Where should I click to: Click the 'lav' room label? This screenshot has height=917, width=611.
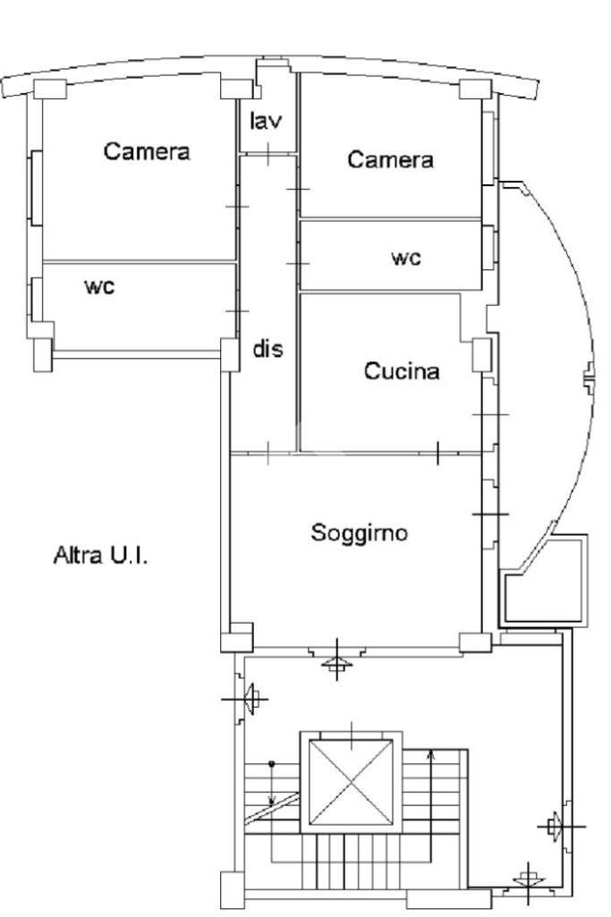266,121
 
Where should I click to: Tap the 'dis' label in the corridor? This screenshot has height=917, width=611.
267,349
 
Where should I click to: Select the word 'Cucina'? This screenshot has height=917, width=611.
402,370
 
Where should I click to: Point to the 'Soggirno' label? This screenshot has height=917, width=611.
359,533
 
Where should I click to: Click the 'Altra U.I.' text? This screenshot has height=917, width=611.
100,555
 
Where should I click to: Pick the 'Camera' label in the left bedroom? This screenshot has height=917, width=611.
147,151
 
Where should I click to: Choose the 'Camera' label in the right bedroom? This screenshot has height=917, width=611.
390,159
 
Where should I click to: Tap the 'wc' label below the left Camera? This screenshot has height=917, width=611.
99,286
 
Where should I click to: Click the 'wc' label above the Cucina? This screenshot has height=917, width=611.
406,258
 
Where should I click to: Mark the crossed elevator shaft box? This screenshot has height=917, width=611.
351,782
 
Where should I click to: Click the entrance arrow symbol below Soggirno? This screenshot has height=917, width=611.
337,663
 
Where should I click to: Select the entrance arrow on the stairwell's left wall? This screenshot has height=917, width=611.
250,699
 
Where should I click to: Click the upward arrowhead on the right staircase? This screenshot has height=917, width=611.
431,755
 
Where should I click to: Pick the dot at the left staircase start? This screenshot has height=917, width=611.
271,764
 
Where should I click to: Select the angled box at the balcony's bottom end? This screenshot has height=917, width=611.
543,580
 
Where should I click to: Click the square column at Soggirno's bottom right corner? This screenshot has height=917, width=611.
475,642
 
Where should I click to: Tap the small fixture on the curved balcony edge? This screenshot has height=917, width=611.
590,379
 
